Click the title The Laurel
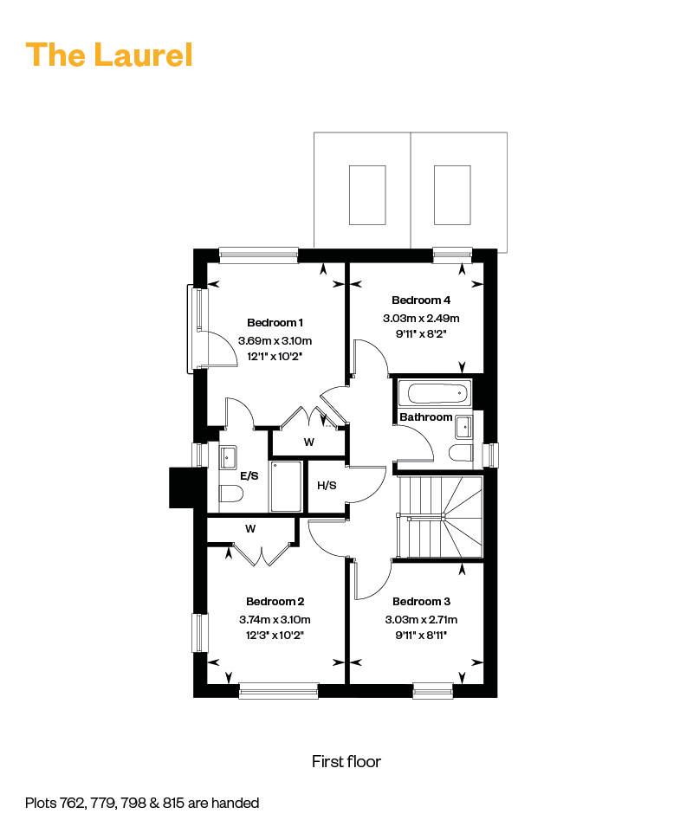[109, 55]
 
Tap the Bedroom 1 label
[275, 322]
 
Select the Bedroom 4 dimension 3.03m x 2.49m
[421, 317]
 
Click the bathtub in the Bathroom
[436, 395]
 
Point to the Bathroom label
[425, 417]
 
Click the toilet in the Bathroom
[460, 452]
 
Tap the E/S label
[249, 475]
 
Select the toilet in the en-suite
[230, 494]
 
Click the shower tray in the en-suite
[285, 486]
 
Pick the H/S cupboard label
[327, 485]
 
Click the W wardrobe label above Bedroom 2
[250, 528]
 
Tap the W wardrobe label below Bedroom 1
[308, 442]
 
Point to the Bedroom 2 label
[275, 601]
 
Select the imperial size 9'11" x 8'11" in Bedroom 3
[421, 635]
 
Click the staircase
[438, 516]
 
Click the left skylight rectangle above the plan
[367, 194]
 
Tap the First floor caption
[346, 761]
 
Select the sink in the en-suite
[230, 455]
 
